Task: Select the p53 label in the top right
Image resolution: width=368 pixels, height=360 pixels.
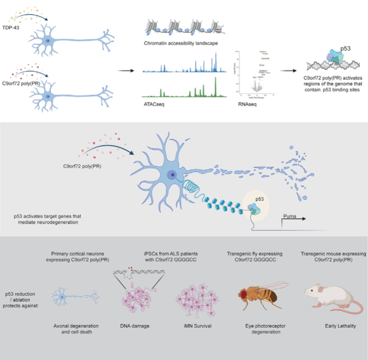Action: click(345, 48)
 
